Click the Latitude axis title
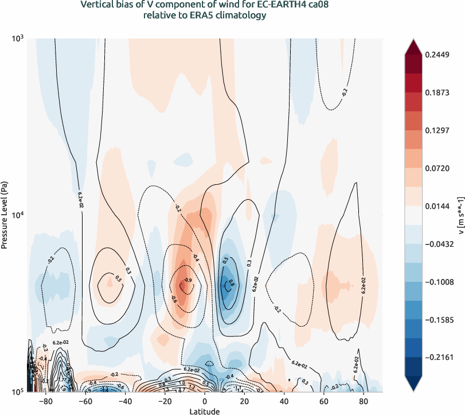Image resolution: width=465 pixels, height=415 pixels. (x=205, y=412)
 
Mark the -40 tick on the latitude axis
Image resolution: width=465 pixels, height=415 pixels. (x=127, y=401)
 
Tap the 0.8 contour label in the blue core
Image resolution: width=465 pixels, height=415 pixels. (x=231, y=282)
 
